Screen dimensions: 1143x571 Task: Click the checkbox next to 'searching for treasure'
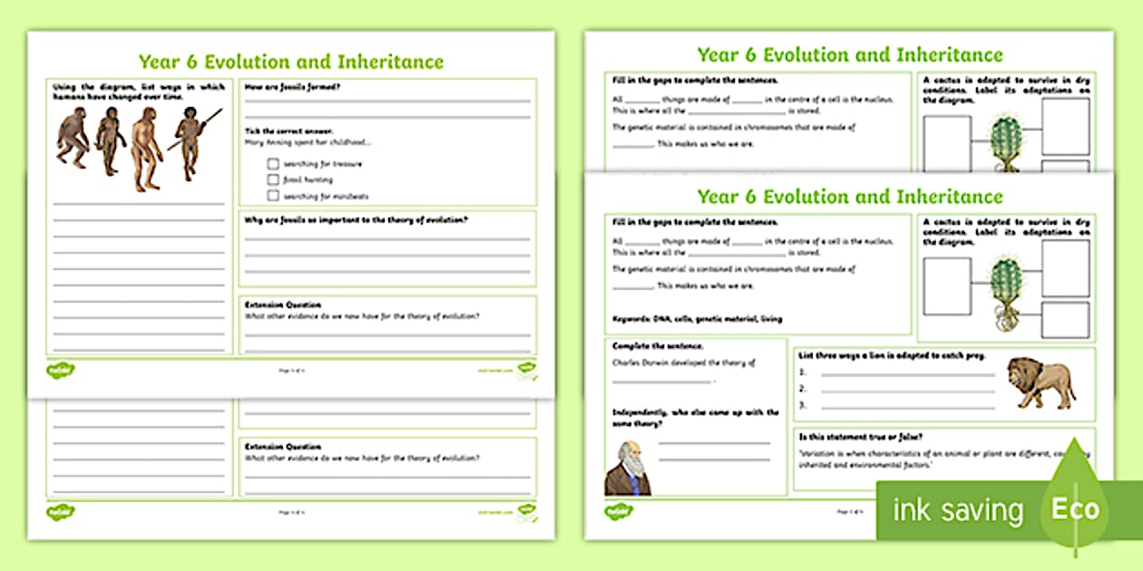pyautogui.click(x=273, y=164)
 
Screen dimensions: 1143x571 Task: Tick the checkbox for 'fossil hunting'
pyautogui.click(x=273, y=179)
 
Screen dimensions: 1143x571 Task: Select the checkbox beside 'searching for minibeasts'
pyautogui.click(x=273, y=195)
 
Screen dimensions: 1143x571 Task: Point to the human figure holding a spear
pyautogui.click(x=190, y=141)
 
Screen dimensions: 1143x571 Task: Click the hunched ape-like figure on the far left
pyautogui.click(x=72, y=140)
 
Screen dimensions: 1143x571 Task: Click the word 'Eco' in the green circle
pyautogui.click(x=1075, y=508)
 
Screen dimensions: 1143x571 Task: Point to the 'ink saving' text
pyautogui.click(x=958, y=510)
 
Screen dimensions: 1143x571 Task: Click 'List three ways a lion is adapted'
pyautogui.click(x=889, y=355)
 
